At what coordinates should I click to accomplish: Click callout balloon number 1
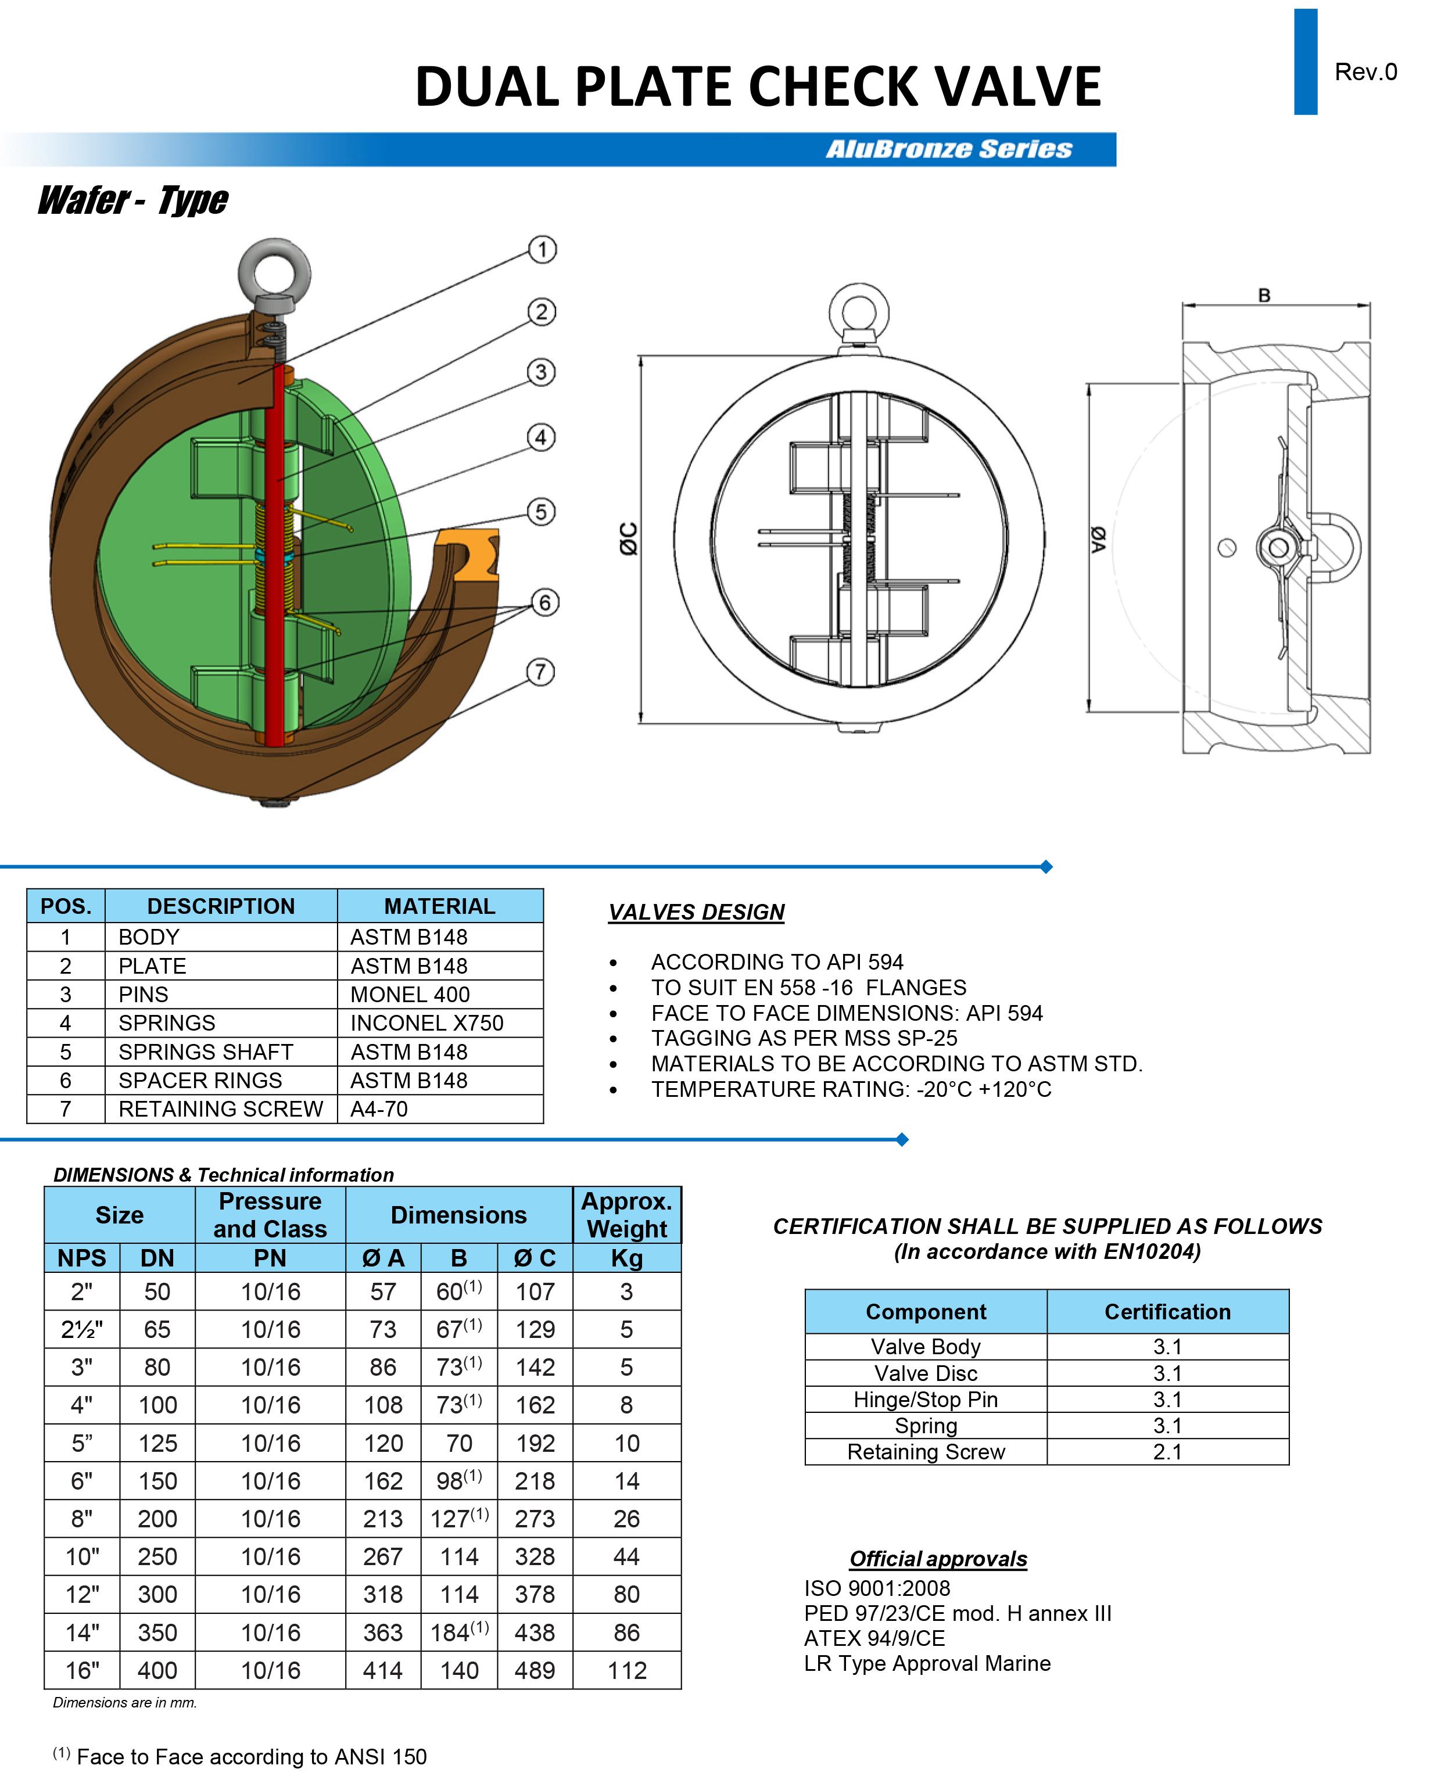[x=542, y=250]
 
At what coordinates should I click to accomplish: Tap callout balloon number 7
[x=540, y=672]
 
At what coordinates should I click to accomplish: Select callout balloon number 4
[x=541, y=437]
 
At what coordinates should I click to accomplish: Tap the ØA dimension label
[x=1098, y=540]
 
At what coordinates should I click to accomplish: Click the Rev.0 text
[x=1365, y=72]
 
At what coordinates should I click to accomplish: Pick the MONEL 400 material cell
[x=410, y=994]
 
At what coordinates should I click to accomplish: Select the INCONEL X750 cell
[x=426, y=1022]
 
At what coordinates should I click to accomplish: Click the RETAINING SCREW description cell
[x=220, y=1108]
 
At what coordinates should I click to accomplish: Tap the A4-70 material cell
[x=379, y=1108]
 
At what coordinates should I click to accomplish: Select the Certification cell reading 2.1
[x=1167, y=1451]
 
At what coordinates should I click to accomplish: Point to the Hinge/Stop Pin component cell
[x=926, y=1399]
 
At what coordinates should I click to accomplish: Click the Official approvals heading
[x=938, y=1559]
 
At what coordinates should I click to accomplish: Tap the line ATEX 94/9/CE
[x=874, y=1638]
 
